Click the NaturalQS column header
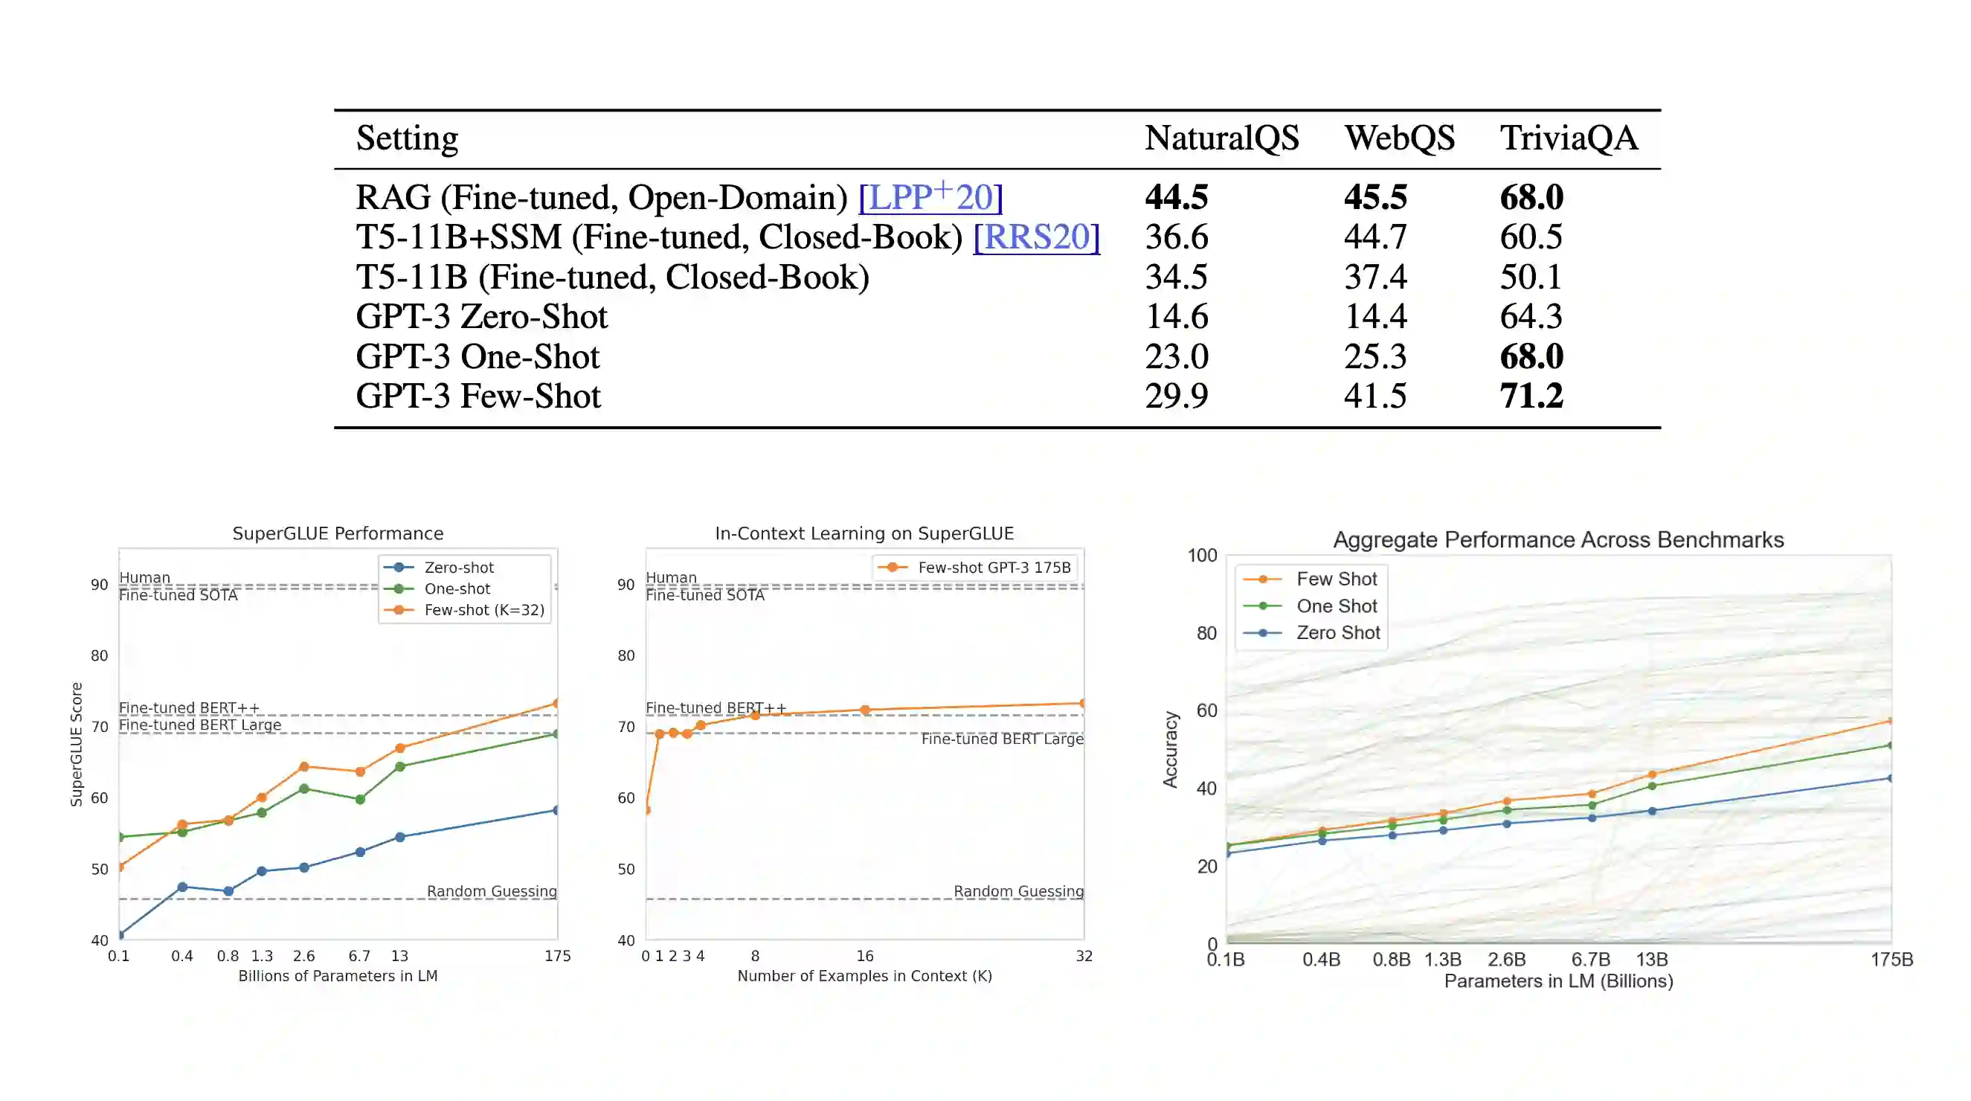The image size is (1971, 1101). (1221, 138)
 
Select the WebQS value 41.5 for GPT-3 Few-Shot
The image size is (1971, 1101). (1375, 397)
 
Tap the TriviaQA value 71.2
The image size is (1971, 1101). (1531, 397)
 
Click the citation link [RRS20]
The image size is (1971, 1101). (1036, 237)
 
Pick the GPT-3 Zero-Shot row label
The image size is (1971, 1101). (481, 317)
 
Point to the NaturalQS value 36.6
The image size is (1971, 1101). (1176, 237)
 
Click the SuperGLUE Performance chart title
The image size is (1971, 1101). (338, 533)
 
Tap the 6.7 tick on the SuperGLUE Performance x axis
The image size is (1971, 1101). (358, 956)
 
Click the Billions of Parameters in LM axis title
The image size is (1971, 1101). (338, 975)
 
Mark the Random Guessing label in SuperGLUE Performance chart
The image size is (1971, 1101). (491, 890)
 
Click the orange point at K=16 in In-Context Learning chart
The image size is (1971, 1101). (864, 710)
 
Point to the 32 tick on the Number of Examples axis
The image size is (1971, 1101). (1084, 956)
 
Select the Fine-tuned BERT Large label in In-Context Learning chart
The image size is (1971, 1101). (1002, 738)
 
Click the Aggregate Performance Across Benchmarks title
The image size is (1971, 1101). (1557, 539)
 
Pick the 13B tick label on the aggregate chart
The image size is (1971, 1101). (1651, 960)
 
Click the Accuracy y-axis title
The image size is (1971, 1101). (1170, 749)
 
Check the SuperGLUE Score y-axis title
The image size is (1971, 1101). (76, 744)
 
